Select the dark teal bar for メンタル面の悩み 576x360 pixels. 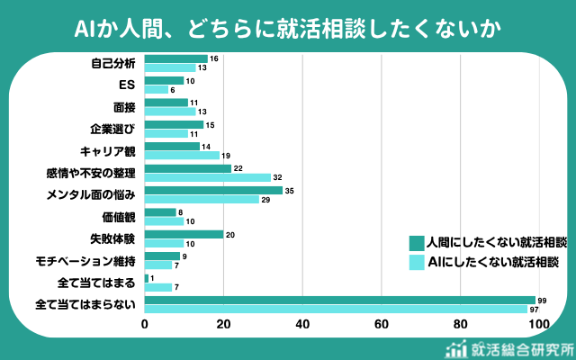coord(213,190)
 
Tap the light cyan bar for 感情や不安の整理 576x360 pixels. coord(208,177)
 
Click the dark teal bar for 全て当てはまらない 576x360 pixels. coord(339,300)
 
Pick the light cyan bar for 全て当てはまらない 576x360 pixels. coord(336,309)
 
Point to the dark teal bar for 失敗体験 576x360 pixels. coord(184,234)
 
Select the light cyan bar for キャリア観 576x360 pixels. coord(182,155)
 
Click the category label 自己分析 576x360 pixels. coord(113,63)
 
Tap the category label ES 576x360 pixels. coord(127,85)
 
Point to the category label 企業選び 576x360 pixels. coord(113,129)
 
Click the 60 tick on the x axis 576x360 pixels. coord(382,325)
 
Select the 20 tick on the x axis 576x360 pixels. coord(223,325)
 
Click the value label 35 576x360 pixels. coord(290,190)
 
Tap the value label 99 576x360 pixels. coord(542,300)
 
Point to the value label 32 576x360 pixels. coord(278,177)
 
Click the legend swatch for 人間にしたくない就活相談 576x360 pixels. coord(416,243)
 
